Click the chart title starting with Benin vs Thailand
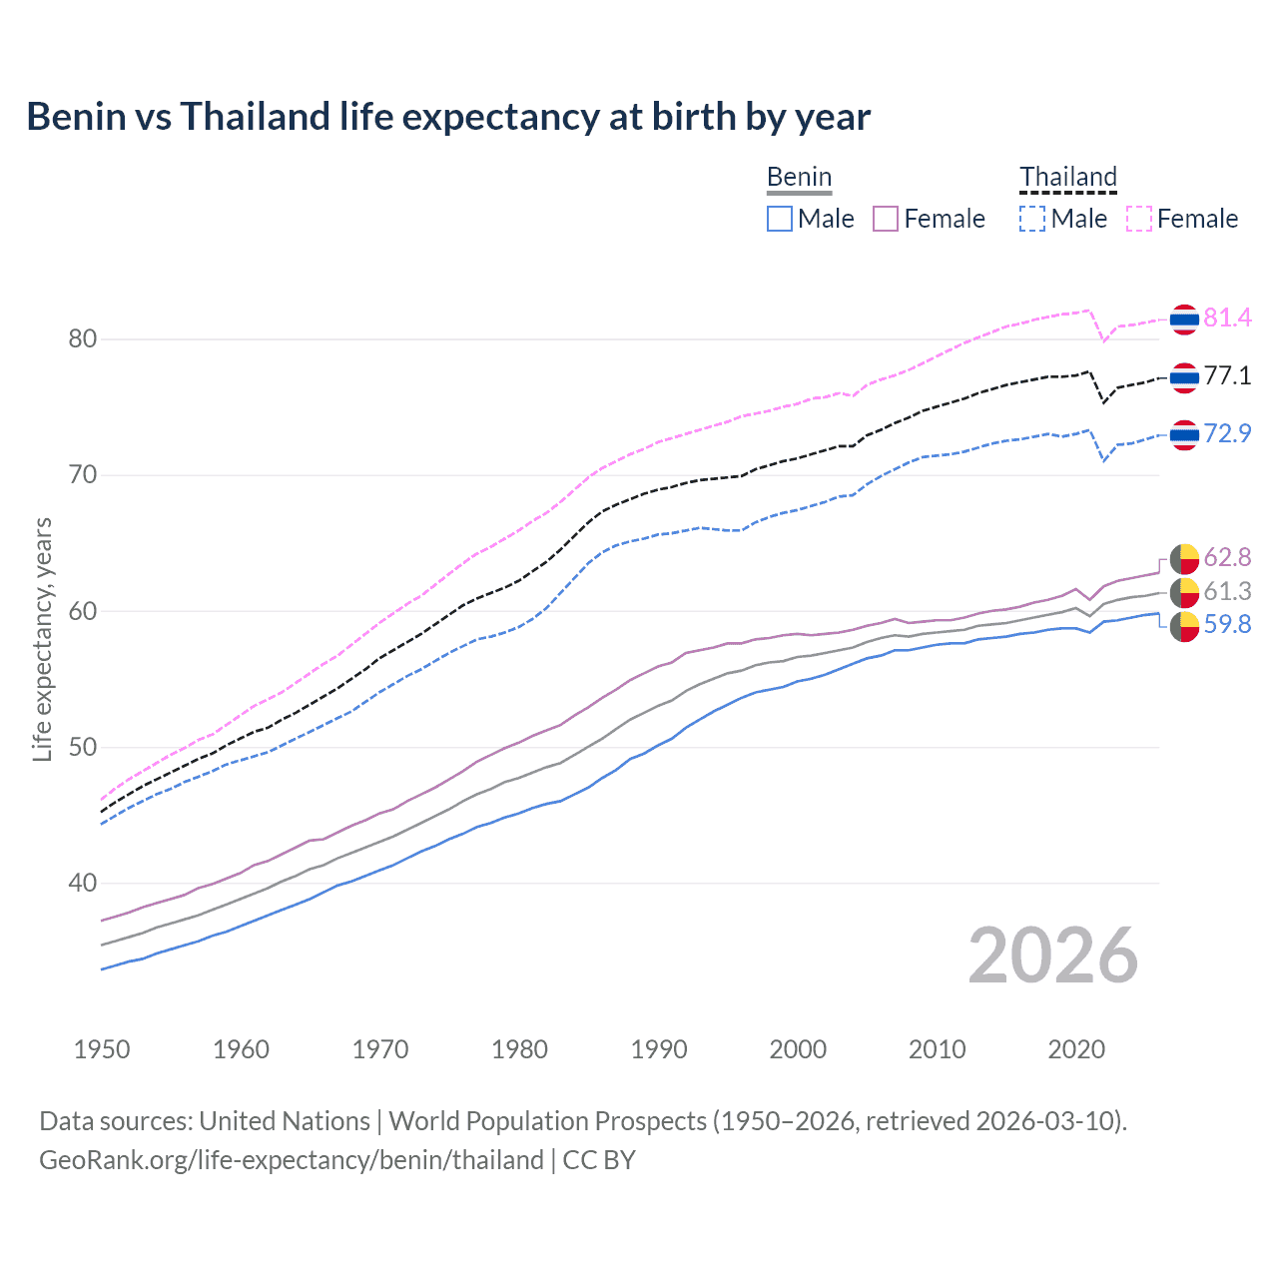(448, 117)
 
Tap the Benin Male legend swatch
(780, 219)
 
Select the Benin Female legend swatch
(886, 219)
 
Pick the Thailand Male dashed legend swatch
(1032, 219)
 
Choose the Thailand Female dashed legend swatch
(1139, 219)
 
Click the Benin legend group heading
(799, 178)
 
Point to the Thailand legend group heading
(1067, 178)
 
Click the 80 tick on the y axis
(83, 339)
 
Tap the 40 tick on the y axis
(83, 884)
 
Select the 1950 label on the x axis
(102, 1049)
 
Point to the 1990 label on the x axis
(659, 1049)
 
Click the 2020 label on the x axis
(1076, 1049)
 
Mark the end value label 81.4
(1227, 319)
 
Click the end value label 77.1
(1227, 376)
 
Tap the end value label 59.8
(1227, 625)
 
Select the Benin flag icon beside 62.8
(1184, 558)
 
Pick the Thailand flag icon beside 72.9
(1184, 434)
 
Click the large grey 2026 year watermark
(1053, 956)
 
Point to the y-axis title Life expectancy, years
(42, 639)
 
